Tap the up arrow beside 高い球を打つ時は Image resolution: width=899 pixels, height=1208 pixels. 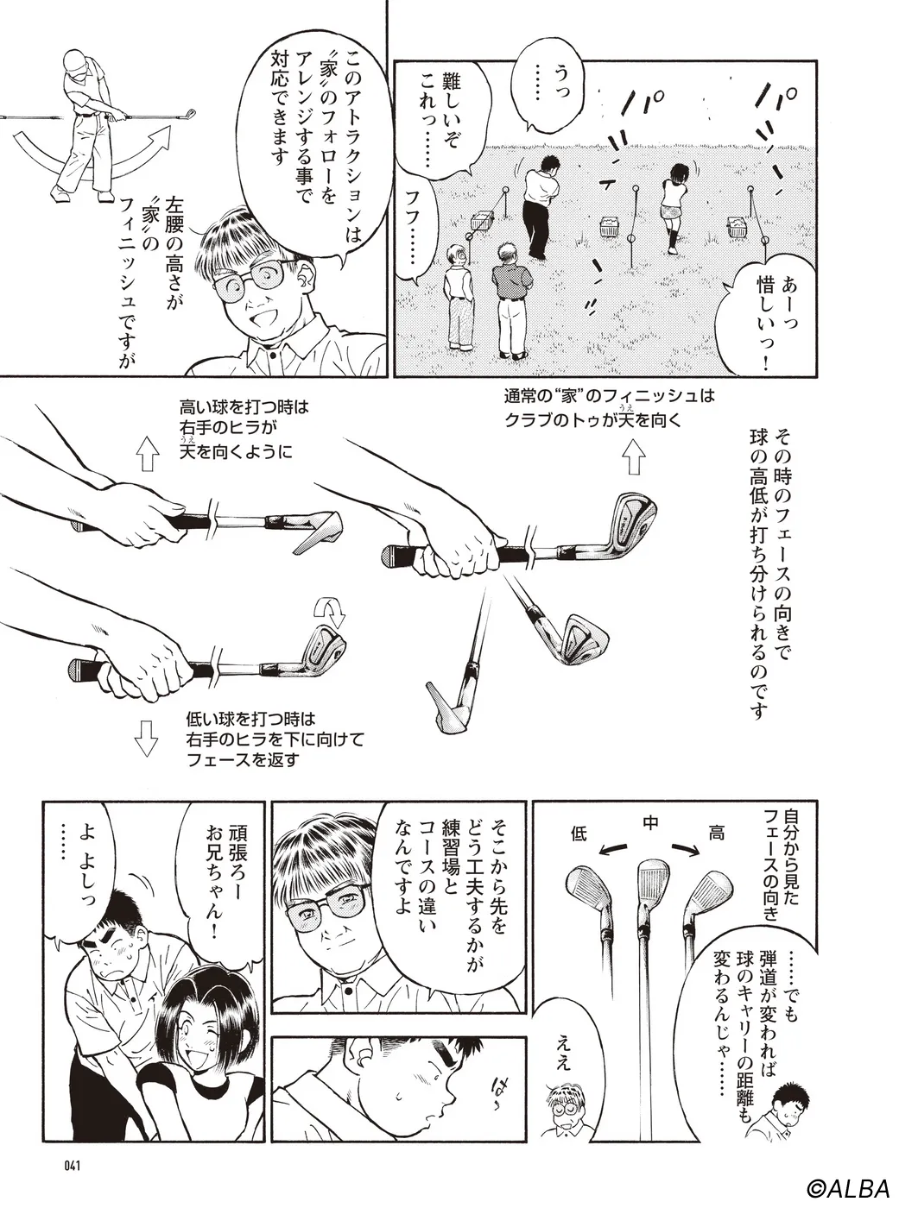click(x=147, y=454)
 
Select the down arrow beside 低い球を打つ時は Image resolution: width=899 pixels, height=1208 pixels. click(x=146, y=738)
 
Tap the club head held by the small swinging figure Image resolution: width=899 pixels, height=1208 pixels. click(x=189, y=115)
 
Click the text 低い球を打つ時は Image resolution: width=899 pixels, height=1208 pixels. click(x=250, y=720)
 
